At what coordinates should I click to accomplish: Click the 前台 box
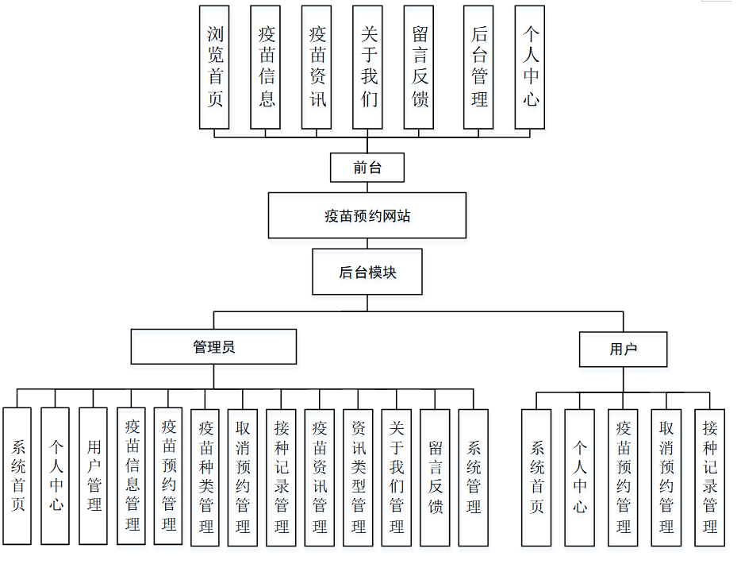tap(367, 168)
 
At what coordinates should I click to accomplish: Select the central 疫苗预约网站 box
tap(367, 215)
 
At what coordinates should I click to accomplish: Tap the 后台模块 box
tap(367, 272)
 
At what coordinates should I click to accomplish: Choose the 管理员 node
tap(213, 347)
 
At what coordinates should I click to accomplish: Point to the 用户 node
tap(623, 349)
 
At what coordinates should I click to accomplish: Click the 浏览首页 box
tap(214, 68)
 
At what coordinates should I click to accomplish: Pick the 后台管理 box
tap(478, 68)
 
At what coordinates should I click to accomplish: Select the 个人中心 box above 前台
tap(530, 68)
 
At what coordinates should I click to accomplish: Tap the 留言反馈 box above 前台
tap(419, 68)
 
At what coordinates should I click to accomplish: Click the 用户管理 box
tap(94, 476)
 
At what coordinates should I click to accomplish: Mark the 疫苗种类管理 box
tap(205, 476)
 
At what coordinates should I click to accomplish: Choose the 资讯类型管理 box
tap(358, 476)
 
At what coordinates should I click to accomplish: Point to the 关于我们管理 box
tap(396, 476)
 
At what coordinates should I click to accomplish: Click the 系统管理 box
tap(473, 476)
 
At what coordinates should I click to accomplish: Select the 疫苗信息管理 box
tap(132, 476)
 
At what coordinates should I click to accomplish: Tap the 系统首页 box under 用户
tap(536, 477)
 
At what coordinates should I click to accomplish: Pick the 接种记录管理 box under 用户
tap(709, 477)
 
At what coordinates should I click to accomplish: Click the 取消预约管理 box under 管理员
tap(243, 476)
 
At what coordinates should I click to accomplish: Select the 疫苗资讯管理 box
tap(320, 476)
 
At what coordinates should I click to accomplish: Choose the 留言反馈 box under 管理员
tap(435, 476)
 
